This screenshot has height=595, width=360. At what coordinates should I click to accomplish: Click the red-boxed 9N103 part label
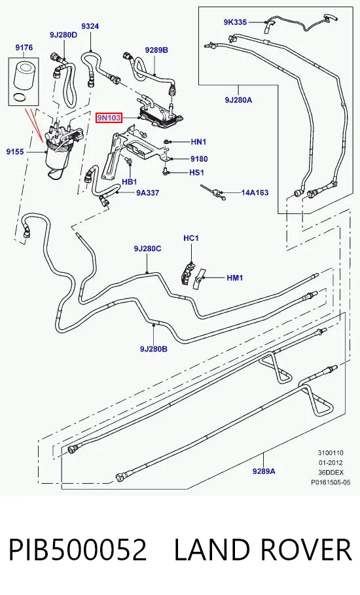pyautogui.click(x=109, y=118)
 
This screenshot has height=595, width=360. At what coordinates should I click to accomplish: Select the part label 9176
pyautogui.click(x=24, y=47)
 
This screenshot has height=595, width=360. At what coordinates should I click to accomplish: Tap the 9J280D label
pyautogui.click(x=63, y=35)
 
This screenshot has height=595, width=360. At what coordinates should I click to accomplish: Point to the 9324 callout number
pyautogui.click(x=90, y=26)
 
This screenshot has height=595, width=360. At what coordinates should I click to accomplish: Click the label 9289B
pyautogui.click(x=156, y=50)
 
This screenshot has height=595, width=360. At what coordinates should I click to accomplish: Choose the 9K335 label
pyautogui.click(x=235, y=22)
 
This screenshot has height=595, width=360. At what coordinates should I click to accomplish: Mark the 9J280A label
pyautogui.click(x=239, y=99)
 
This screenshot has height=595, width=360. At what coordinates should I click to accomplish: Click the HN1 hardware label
pyautogui.click(x=198, y=142)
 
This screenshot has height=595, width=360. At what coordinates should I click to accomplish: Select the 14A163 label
pyautogui.click(x=255, y=192)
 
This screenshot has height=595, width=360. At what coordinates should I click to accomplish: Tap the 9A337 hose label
pyautogui.click(x=147, y=192)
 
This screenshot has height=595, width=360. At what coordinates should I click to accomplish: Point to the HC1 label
pyautogui.click(x=191, y=238)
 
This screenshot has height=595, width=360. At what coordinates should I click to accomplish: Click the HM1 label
pyautogui.click(x=235, y=278)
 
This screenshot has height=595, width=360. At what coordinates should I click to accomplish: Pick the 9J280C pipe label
pyautogui.click(x=147, y=249)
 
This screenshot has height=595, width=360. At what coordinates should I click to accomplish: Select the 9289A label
pyautogui.click(x=264, y=471)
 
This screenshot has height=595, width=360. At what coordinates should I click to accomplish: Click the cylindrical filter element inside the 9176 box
pyautogui.click(x=24, y=77)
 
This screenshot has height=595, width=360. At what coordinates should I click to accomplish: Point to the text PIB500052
pyautogui.click(x=78, y=549)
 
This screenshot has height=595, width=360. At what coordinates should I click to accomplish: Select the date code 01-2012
pyautogui.click(x=331, y=463)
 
